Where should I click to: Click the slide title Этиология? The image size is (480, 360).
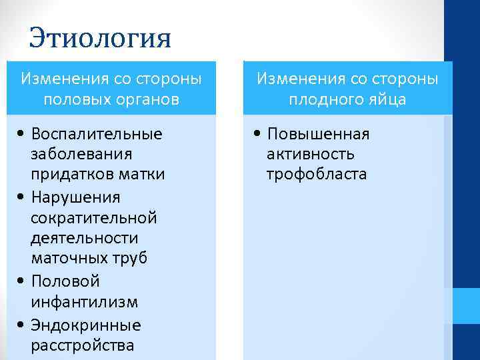(x=100, y=37)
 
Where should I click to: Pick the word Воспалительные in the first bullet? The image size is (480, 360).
(x=97, y=134)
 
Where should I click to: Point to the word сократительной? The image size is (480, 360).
(x=93, y=218)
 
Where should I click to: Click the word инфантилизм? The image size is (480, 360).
(x=84, y=302)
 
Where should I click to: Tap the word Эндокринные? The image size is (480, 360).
(x=86, y=325)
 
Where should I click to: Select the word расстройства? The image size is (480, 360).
(x=82, y=345)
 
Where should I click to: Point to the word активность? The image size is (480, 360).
(x=310, y=155)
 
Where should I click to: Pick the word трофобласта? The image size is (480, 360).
(x=317, y=175)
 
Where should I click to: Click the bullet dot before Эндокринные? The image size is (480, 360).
(x=23, y=326)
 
